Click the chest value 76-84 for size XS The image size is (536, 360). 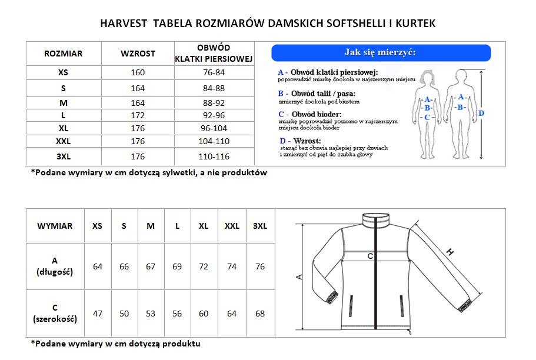tap(214, 72)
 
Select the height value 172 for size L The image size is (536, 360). tap(138, 115)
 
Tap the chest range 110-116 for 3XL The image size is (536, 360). tap(214, 156)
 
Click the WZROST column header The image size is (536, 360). tap(138, 54)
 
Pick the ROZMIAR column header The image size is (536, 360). tap(64, 54)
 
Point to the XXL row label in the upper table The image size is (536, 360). tap(64, 141)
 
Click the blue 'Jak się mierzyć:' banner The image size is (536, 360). tap(381, 53)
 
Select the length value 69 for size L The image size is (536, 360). tap(177, 266)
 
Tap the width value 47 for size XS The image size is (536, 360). tap(98, 314)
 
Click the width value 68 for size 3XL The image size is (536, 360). tap(259, 314)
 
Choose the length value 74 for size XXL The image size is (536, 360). tap(232, 266)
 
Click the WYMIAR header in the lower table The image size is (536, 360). tap(55, 226)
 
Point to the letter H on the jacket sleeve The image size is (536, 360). tap(451, 252)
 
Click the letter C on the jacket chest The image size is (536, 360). tap(369, 256)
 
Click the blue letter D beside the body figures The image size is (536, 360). tap(481, 113)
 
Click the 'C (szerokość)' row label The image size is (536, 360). tap(55, 314)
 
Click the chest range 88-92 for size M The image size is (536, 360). tap(214, 102)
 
